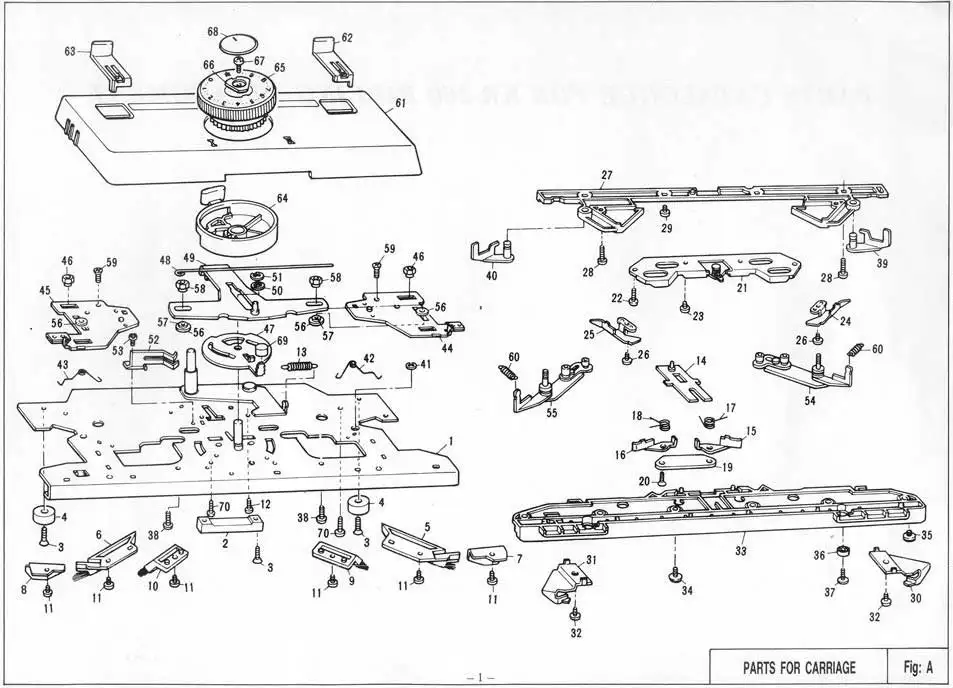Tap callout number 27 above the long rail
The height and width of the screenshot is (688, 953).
(x=606, y=174)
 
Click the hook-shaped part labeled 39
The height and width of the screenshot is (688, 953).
(x=864, y=243)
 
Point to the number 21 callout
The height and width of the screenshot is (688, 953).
(x=742, y=288)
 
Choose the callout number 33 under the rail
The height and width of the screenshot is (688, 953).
(x=740, y=550)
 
